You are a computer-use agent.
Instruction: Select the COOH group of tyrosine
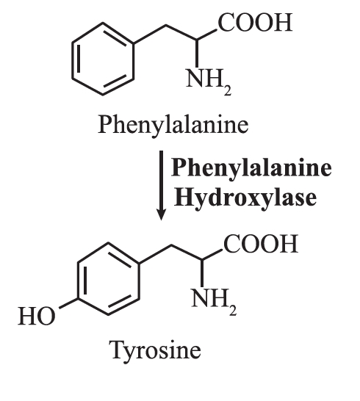(261, 243)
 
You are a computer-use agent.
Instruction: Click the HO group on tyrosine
(37, 316)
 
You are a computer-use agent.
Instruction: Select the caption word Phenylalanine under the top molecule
(173, 125)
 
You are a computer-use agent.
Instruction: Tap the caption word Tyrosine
(156, 350)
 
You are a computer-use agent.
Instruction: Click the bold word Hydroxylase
(245, 198)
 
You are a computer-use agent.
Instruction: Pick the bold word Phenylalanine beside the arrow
(251, 168)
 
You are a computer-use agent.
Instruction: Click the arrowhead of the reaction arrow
(161, 214)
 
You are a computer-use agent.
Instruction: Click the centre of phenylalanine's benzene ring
(103, 59)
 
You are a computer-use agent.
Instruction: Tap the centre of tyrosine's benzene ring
(108, 280)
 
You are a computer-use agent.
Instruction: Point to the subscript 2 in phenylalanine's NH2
(228, 91)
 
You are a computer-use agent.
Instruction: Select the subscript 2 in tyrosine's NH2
(233, 311)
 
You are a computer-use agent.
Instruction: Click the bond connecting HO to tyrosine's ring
(68, 303)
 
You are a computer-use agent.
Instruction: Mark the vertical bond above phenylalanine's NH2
(197, 54)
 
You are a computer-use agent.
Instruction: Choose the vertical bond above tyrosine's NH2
(202, 274)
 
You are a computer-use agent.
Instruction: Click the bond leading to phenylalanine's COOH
(207, 35)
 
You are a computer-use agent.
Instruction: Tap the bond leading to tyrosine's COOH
(212, 255)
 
